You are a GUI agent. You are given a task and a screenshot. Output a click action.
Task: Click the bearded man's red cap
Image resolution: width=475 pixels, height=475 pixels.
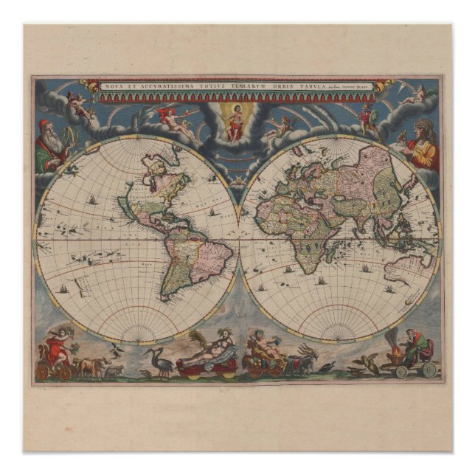44,123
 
